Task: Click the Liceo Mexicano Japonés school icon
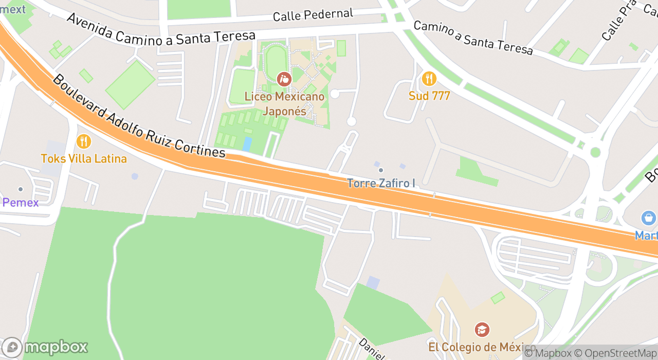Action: tap(284, 79)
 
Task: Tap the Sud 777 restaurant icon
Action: tap(429, 79)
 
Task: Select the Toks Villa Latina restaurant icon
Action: tap(83, 141)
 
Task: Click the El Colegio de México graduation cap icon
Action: tap(482, 329)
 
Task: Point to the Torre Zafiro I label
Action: tap(381, 183)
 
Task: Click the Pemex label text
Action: tap(21, 203)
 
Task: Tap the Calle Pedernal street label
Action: tap(313, 15)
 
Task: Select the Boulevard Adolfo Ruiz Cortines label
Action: tap(139, 116)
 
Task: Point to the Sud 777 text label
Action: tap(429, 96)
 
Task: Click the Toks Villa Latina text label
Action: tap(84, 159)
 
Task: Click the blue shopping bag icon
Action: tap(649, 218)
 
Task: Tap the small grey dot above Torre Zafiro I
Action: tap(381, 170)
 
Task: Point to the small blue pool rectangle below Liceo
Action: tap(247, 144)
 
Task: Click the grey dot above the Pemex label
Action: tap(21, 189)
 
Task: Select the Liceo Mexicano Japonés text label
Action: tap(284, 103)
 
